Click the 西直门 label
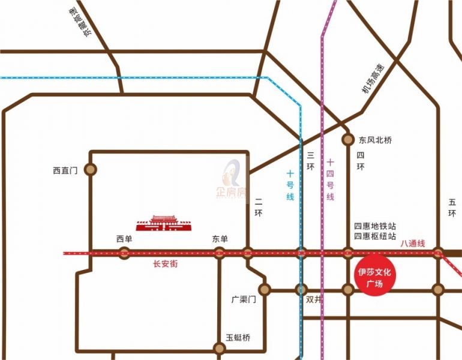pyautogui.click(x=65, y=170)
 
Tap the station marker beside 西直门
pyautogui.click(x=90, y=170)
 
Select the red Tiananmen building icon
pyautogui.click(x=163, y=223)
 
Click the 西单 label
pyautogui.click(x=124, y=239)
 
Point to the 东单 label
pyautogui.click(x=220, y=239)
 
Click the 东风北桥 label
pyautogui.click(x=375, y=140)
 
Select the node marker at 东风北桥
pyautogui.click(x=348, y=140)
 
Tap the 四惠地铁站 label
pyautogui.click(x=375, y=226)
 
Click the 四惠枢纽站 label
pyautogui.click(x=375, y=236)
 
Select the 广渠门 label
pyautogui.click(x=244, y=299)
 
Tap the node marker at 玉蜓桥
pyautogui.click(x=219, y=347)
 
